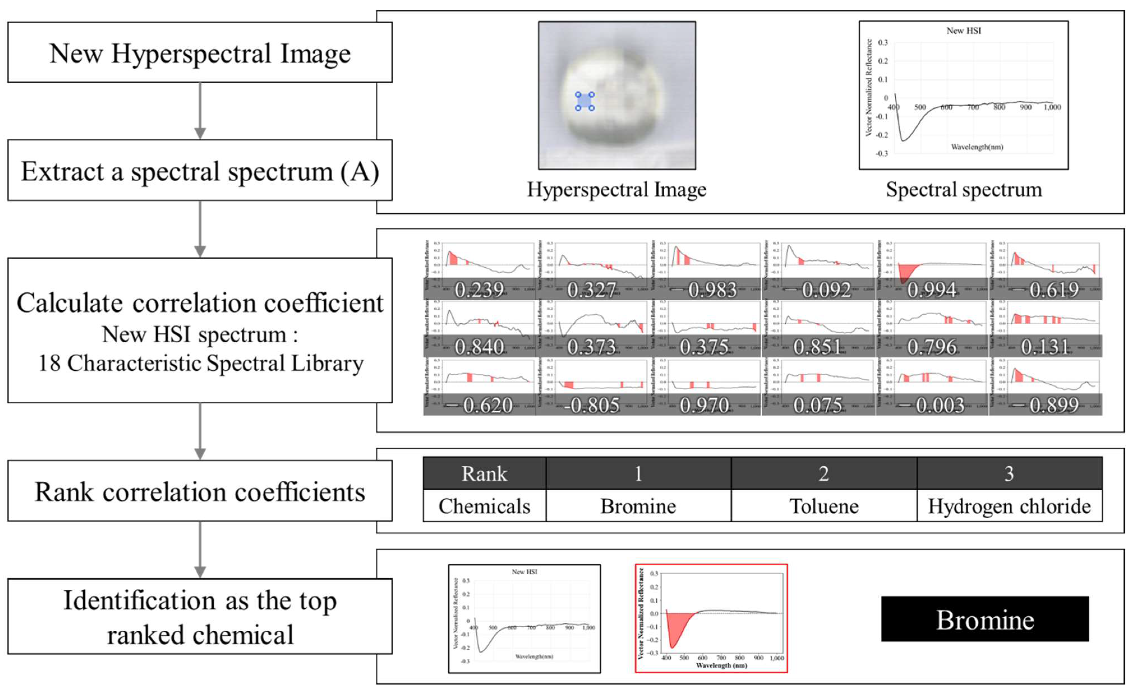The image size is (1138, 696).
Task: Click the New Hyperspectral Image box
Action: point(200,53)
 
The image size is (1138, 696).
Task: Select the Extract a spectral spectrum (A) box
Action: point(200,171)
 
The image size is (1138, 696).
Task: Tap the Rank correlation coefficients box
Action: point(200,491)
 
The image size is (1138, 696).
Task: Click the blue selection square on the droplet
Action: point(585,101)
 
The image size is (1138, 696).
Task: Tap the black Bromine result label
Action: point(985,619)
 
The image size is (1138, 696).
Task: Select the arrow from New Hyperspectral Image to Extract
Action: point(200,111)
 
